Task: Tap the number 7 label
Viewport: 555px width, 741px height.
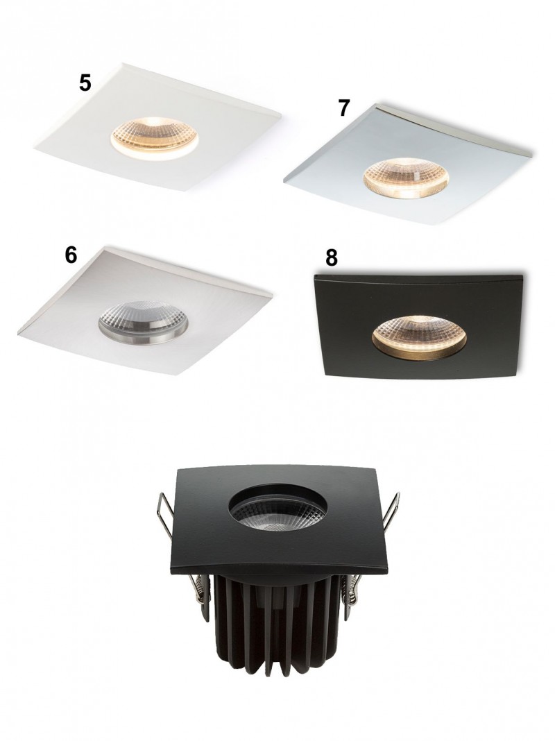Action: [344, 108]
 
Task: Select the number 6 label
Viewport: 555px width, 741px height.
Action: [71, 255]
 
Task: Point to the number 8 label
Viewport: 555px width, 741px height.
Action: [332, 258]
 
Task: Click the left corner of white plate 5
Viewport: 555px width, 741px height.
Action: [34, 150]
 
